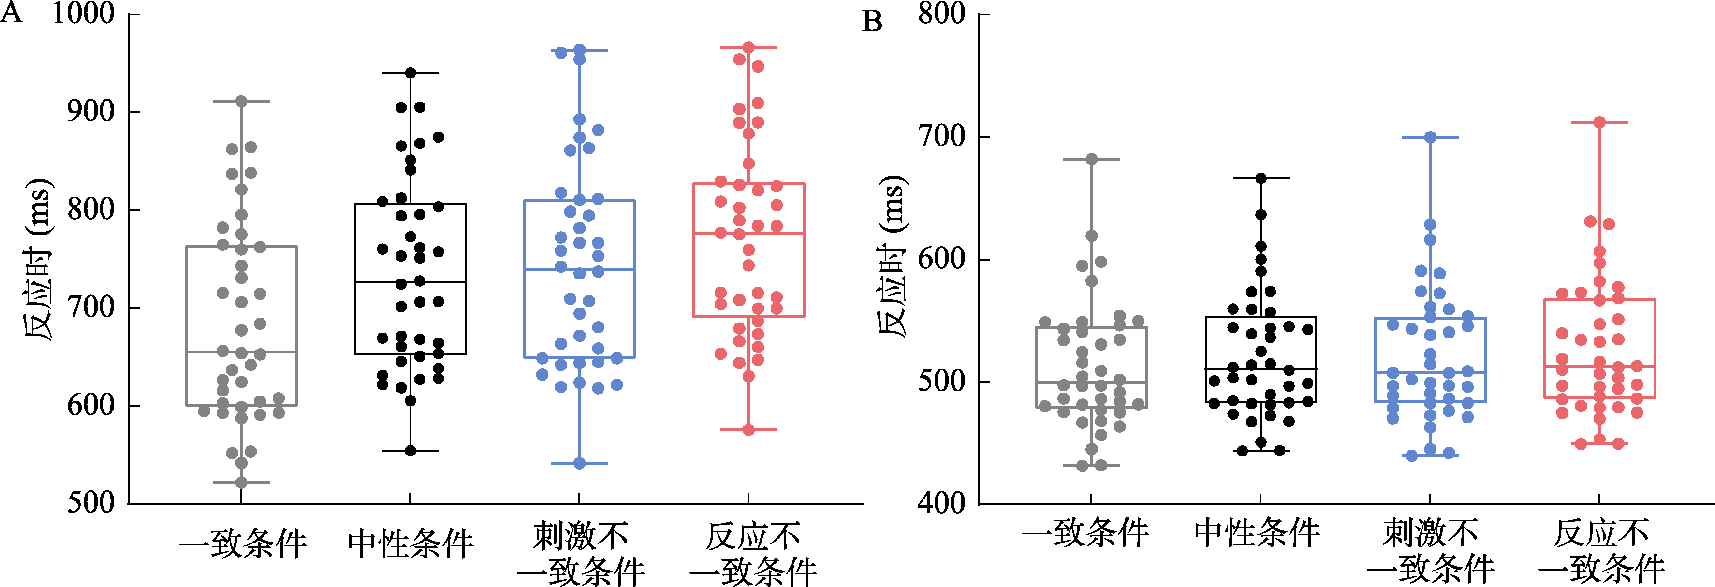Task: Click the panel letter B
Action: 872,21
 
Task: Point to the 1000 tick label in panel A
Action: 83,14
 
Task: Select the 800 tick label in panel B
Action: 941,14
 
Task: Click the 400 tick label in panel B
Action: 941,502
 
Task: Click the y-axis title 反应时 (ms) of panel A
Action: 38,260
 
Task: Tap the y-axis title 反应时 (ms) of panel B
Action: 890,256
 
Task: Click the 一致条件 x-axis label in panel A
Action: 242,544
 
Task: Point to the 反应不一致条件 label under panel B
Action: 1601,551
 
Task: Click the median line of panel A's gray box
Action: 241,352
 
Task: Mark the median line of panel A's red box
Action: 748,234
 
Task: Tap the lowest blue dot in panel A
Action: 579,463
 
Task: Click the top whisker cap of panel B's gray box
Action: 1092,159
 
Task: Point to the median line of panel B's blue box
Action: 1430,373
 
